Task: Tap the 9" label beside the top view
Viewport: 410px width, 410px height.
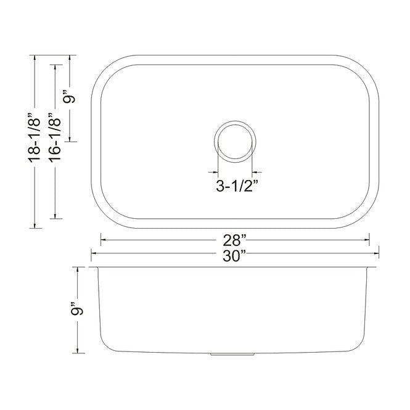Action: coord(72,97)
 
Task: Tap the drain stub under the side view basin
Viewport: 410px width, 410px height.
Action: coord(234,356)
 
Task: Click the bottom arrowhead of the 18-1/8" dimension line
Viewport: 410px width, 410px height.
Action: coord(35,226)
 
